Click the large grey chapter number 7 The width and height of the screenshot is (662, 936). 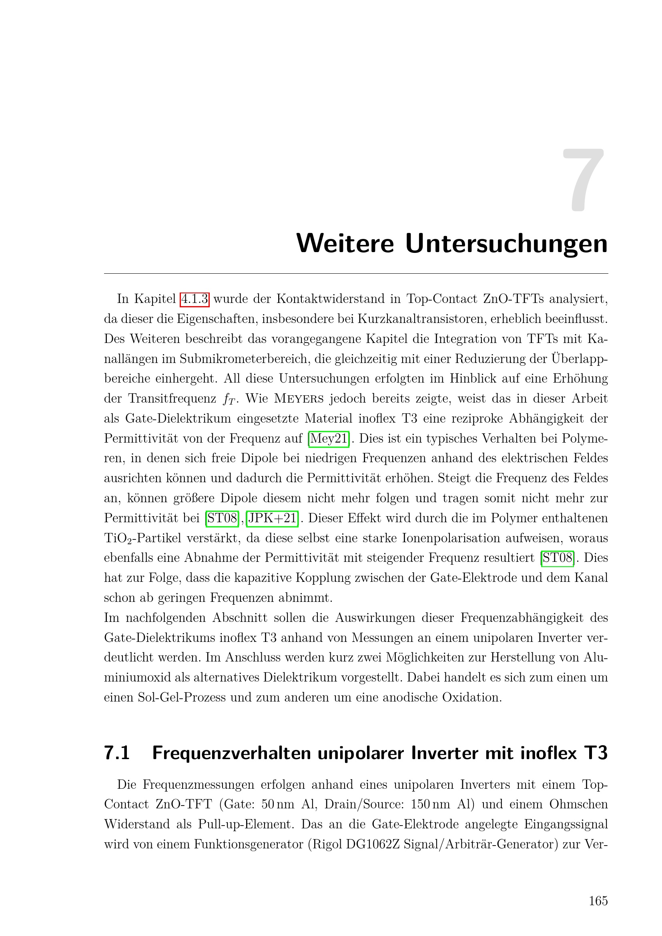coord(584,180)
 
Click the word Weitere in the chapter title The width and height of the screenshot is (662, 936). coord(345,243)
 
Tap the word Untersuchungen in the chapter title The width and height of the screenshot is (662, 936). coord(506,244)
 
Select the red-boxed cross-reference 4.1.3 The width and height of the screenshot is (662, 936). coord(195,299)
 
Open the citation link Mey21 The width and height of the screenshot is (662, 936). coord(329,439)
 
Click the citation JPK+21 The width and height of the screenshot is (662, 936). coord(272,518)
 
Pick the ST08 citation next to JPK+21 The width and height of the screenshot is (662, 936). coord(222,518)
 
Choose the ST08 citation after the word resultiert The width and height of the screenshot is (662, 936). coord(557,558)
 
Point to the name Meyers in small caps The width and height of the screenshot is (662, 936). coord(299,399)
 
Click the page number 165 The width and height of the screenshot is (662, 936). coord(598,900)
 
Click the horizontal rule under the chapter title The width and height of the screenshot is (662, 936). coord(356,274)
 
